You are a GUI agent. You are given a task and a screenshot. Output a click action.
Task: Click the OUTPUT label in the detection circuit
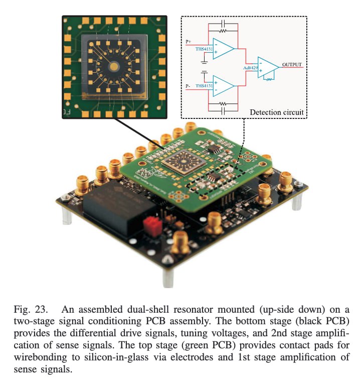(291, 64)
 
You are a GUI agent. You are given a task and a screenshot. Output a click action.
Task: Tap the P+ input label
(189, 42)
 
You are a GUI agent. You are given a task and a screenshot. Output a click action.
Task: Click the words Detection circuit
(277, 111)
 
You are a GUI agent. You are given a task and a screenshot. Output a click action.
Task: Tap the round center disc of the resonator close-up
(115, 66)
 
